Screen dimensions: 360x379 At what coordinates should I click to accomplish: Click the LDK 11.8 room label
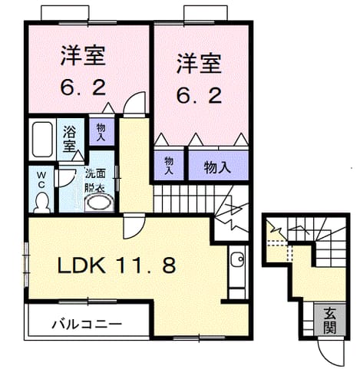117,265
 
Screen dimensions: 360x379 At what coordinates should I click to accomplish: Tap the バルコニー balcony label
87,325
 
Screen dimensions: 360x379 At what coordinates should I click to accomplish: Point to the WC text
41,180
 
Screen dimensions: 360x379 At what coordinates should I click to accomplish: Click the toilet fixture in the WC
41,203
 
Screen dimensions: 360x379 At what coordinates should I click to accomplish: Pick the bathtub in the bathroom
42,140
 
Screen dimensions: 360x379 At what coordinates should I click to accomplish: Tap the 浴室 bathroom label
69,139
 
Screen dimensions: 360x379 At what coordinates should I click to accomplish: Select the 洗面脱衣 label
95,180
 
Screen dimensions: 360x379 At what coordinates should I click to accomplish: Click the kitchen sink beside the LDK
237,259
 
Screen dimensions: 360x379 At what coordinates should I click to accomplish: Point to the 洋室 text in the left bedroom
83,56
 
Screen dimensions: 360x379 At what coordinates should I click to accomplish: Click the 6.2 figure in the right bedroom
199,96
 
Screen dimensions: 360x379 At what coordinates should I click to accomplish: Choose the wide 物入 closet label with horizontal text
217,167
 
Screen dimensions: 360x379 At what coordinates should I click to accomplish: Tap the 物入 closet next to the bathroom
101,132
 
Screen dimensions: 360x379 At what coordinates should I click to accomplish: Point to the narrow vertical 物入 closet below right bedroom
169,166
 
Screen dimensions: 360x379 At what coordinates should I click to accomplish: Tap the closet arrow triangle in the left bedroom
108,107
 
